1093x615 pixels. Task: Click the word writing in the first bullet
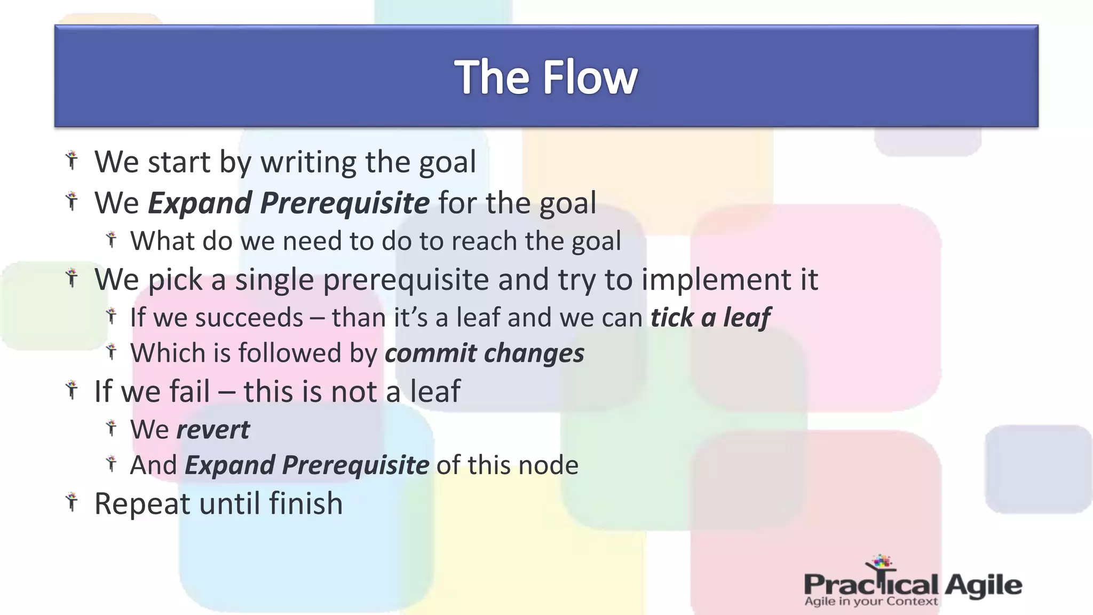coord(308,162)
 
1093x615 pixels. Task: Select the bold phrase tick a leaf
coord(710,318)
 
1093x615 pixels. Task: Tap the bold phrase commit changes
coord(485,353)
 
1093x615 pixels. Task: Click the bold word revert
coord(212,430)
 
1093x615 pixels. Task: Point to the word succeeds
coord(249,318)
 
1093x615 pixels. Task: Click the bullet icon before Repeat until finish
coord(72,503)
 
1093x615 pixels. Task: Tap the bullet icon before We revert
coord(111,428)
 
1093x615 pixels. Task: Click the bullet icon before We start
coord(72,160)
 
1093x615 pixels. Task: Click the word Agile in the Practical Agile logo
coord(983,586)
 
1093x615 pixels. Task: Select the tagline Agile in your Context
coord(870,602)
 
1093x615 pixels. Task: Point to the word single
coord(274,280)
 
